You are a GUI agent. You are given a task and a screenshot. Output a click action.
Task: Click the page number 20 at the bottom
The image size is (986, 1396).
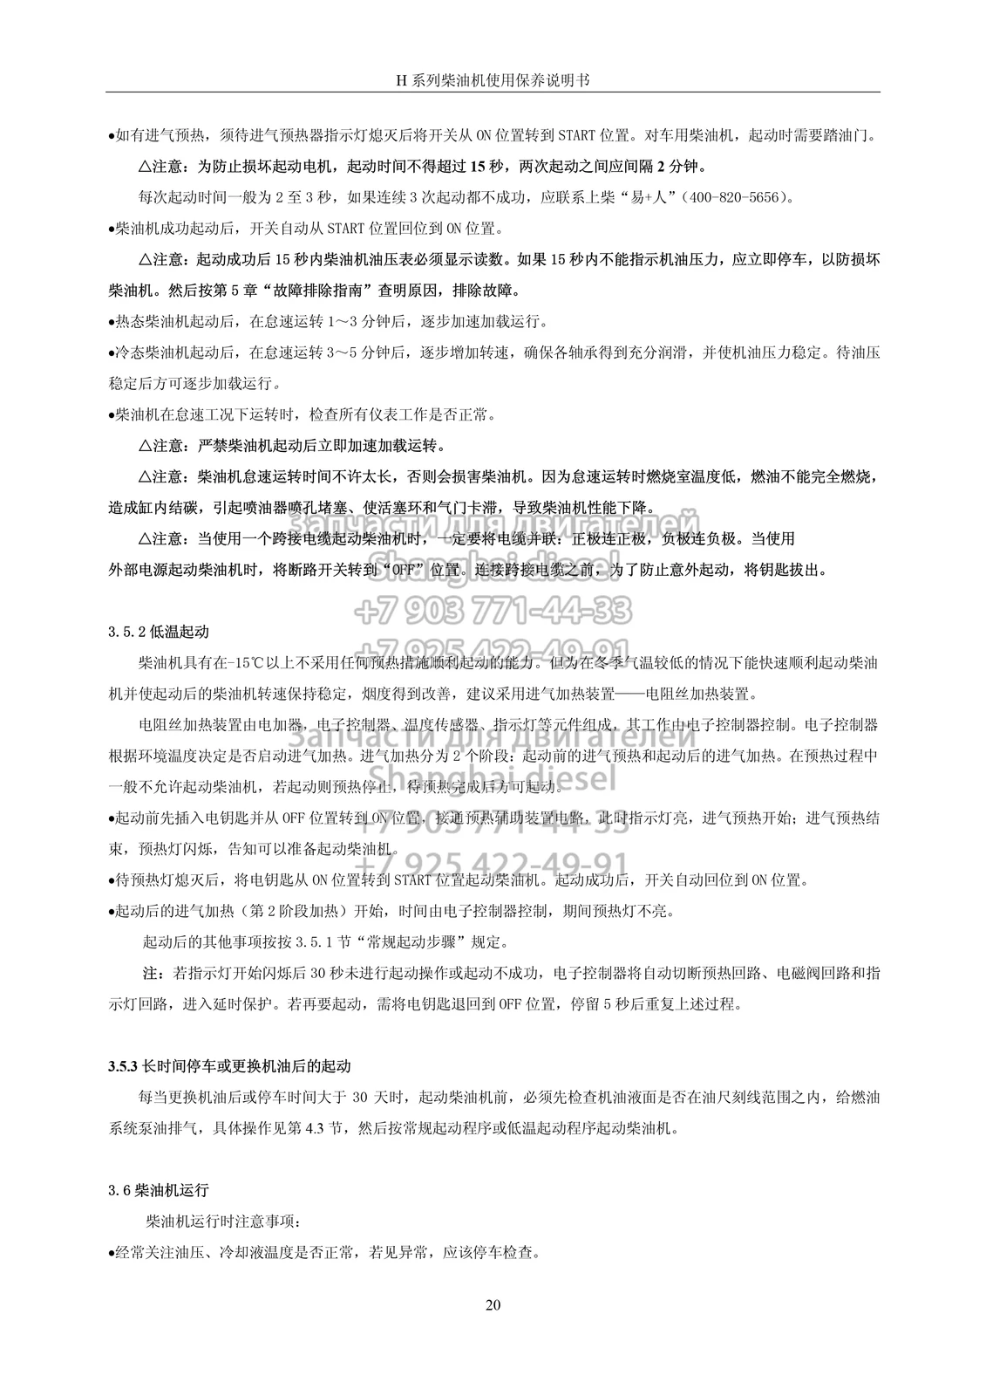(x=493, y=1305)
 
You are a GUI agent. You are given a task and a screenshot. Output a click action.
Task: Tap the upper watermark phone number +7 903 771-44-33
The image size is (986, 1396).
(x=493, y=608)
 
